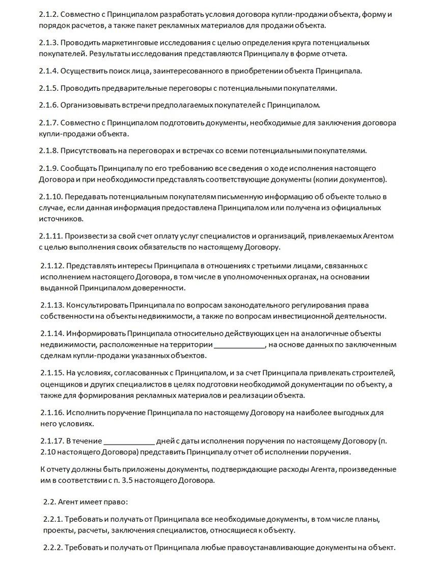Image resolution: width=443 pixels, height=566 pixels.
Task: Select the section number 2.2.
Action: click(x=49, y=502)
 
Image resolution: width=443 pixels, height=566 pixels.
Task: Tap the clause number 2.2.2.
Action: click(x=52, y=548)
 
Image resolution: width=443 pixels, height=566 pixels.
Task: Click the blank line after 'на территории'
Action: click(x=239, y=345)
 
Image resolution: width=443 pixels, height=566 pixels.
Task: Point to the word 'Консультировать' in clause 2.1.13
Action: click(x=95, y=305)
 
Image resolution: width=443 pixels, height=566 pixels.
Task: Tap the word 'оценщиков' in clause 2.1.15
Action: click(x=60, y=383)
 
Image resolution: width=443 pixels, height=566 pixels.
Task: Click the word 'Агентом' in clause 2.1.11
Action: click(x=378, y=236)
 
